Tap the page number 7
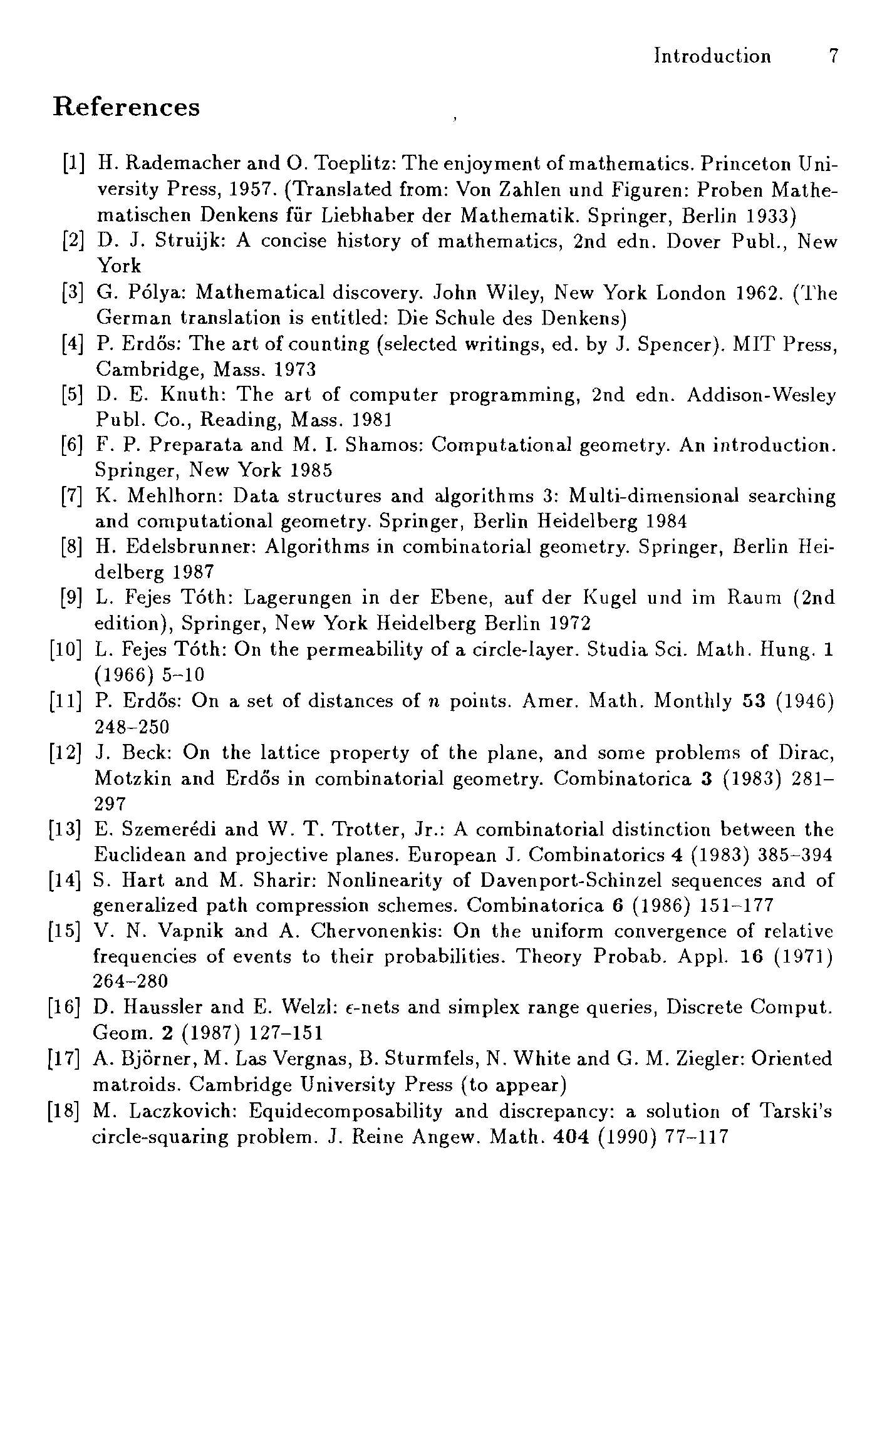pyautogui.click(x=833, y=56)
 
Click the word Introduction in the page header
pyautogui.click(x=712, y=56)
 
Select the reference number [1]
pyautogui.click(x=74, y=163)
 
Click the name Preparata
pyautogui.click(x=187, y=445)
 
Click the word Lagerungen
pyautogui.click(x=298, y=597)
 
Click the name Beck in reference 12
pyautogui.click(x=147, y=752)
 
